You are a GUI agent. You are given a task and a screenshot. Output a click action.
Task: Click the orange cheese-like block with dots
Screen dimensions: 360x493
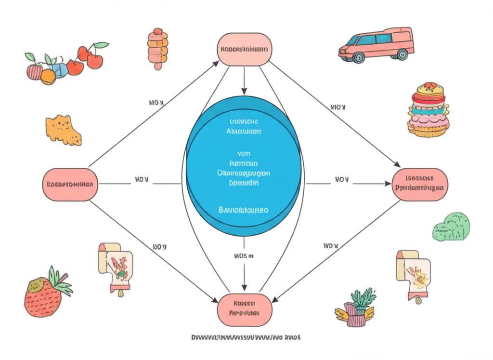pos(64,129)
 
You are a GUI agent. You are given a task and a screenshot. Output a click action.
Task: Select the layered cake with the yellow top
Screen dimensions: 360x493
pos(428,110)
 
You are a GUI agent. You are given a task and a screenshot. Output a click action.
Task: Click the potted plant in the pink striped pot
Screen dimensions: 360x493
pos(359,309)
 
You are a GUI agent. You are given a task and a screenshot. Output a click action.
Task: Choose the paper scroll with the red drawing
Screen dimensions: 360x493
pos(116,265)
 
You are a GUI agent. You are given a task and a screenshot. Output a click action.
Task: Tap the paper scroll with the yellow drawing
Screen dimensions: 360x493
pos(413,272)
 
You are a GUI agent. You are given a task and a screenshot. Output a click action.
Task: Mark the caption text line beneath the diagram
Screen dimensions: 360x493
pos(246,337)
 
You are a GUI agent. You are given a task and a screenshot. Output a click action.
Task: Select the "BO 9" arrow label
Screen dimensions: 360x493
pos(159,247)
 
